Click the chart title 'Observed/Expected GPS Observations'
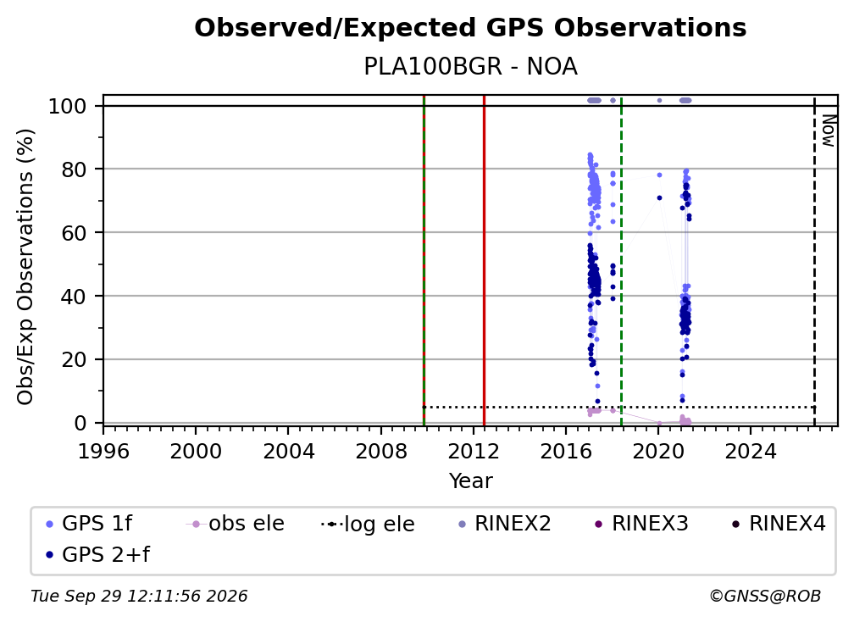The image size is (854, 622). (x=470, y=28)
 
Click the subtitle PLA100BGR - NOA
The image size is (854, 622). (x=470, y=67)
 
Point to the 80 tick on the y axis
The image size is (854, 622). (x=74, y=169)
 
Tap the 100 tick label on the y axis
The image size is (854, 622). (x=68, y=106)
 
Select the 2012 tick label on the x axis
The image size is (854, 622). (x=474, y=451)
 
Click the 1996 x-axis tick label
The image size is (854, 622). (x=103, y=451)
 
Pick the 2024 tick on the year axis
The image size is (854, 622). (x=751, y=451)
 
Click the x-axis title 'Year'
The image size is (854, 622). (x=470, y=481)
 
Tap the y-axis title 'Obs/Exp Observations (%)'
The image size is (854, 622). (x=25, y=267)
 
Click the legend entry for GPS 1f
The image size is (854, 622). (x=89, y=524)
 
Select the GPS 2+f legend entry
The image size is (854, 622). (x=97, y=554)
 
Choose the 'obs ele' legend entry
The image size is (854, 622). (x=235, y=524)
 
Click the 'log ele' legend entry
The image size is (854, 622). (x=368, y=524)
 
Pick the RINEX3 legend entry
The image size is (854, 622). (x=641, y=524)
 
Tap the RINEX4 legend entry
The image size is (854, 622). (x=779, y=524)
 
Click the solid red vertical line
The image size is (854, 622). (x=485, y=260)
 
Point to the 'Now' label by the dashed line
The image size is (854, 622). (x=828, y=131)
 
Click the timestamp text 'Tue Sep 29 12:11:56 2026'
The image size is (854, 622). (x=139, y=597)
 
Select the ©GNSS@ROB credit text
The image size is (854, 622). (x=765, y=597)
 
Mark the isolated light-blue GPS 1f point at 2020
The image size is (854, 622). (x=659, y=175)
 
